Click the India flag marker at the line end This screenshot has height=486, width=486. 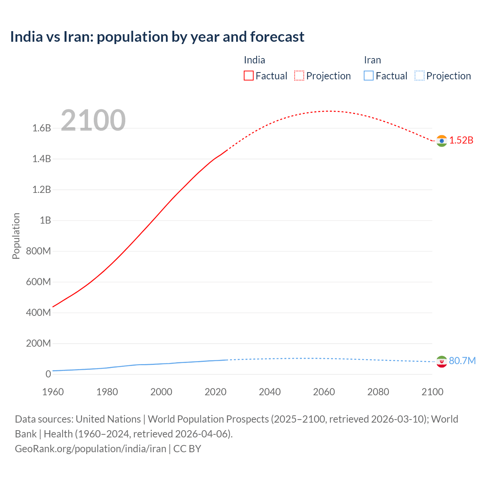[x=441, y=141]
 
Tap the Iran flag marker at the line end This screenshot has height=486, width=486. [x=441, y=361]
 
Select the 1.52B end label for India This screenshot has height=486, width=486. [x=461, y=140]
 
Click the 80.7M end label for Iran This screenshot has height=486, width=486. [x=462, y=361]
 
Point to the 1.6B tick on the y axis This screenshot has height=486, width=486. [x=41, y=128]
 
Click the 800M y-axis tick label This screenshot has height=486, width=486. [x=38, y=251]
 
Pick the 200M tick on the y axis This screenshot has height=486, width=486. [x=38, y=344]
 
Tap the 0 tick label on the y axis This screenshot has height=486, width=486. [x=48, y=374]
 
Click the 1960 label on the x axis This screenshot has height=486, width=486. [x=53, y=392]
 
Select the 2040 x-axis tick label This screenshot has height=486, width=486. [x=270, y=392]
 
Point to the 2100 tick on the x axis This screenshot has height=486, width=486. [x=432, y=392]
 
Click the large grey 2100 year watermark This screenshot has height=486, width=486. [x=93, y=120]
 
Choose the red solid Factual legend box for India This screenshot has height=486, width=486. [x=248, y=76]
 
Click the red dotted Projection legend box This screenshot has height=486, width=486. [x=299, y=76]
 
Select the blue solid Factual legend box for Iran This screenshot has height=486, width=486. [x=368, y=76]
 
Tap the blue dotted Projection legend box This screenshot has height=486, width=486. [x=419, y=76]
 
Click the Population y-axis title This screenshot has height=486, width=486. [x=16, y=236]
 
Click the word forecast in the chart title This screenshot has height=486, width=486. [x=277, y=37]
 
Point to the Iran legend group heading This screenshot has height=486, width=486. [x=372, y=60]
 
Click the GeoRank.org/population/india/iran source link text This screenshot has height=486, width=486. [x=90, y=449]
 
